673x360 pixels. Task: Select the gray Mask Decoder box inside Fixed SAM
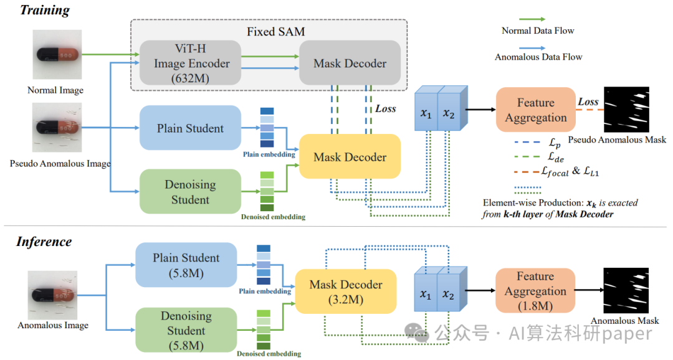[350, 64]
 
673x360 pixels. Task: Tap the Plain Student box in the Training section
[191, 128]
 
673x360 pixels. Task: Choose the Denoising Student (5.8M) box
[186, 330]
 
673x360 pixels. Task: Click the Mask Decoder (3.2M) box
[346, 291]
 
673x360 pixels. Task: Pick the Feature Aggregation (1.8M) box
[535, 291]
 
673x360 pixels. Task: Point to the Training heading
[44, 11]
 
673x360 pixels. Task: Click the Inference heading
[44, 242]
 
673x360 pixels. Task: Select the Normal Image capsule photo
[55, 55]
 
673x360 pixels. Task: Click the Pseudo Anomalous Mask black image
[626, 110]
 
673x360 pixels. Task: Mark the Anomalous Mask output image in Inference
[625, 292]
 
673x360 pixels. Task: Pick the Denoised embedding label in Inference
[269, 354]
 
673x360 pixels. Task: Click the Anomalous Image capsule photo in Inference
[53, 295]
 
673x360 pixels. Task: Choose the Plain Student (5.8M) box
[186, 265]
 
